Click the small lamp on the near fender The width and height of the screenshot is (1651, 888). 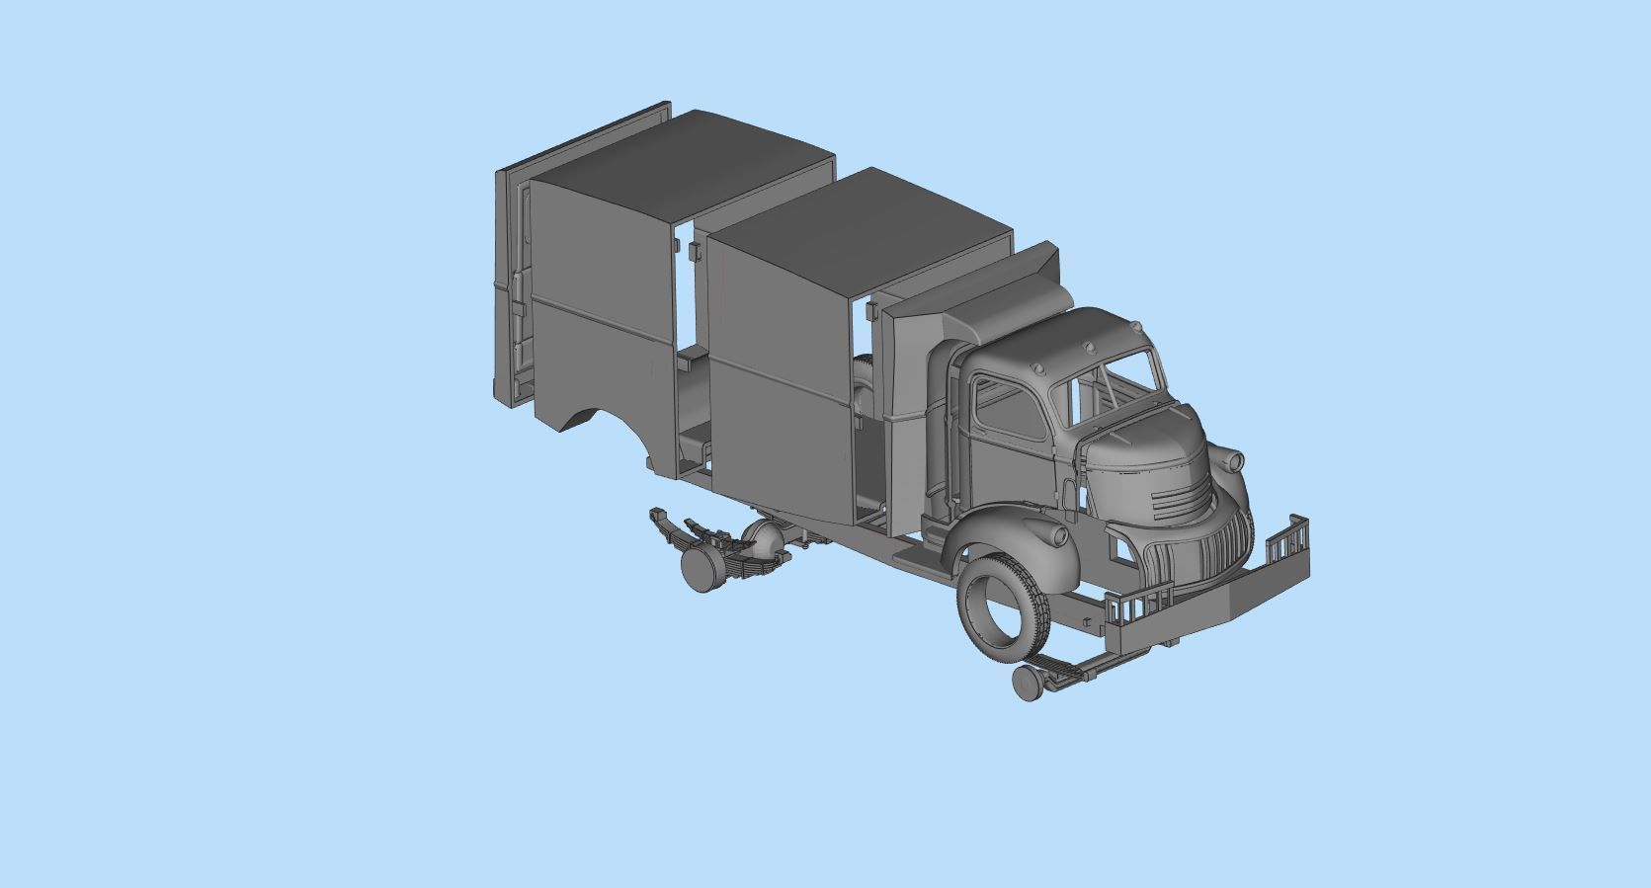(x=1060, y=536)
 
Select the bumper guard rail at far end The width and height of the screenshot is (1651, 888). (x=1287, y=544)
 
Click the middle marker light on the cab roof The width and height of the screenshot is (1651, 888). (x=1088, y=347)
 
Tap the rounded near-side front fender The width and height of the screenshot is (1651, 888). (x=1018, y=533)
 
